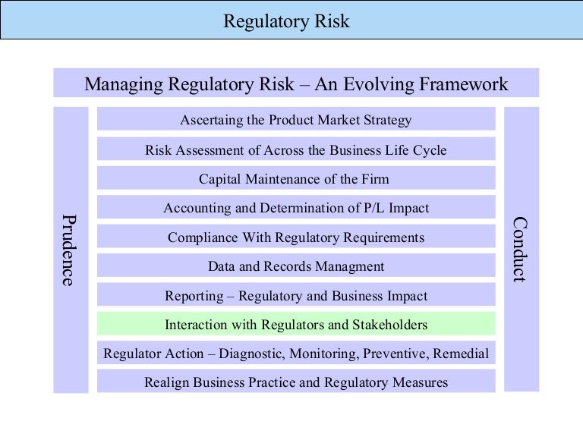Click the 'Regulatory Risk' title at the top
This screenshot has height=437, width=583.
tap(286, 21)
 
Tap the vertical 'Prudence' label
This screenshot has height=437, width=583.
tap(68, 250)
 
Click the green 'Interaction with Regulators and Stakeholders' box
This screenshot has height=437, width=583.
tap(296, 325)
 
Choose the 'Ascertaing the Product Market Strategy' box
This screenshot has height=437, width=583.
tap(296, 120)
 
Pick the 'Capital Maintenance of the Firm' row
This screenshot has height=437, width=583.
tap(294, 179)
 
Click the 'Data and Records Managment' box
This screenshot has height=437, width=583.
tap(296, 266)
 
